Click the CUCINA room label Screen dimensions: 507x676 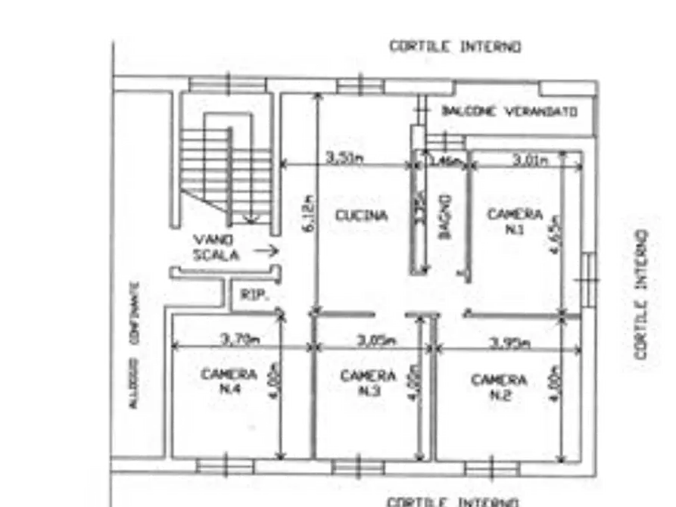tap(362, 216)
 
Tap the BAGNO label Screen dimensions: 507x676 tap(445, 217)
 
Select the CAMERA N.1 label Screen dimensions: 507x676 tap(515, 221)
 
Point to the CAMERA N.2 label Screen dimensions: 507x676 tap(499, 387)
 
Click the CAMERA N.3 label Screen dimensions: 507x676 tap(368, 383)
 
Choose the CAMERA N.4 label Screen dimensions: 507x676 tap(229, 381)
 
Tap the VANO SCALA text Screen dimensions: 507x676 tap(217, 248)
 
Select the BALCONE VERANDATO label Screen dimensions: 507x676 tap(509, 111)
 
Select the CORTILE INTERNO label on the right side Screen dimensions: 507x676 tap(641, 294)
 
